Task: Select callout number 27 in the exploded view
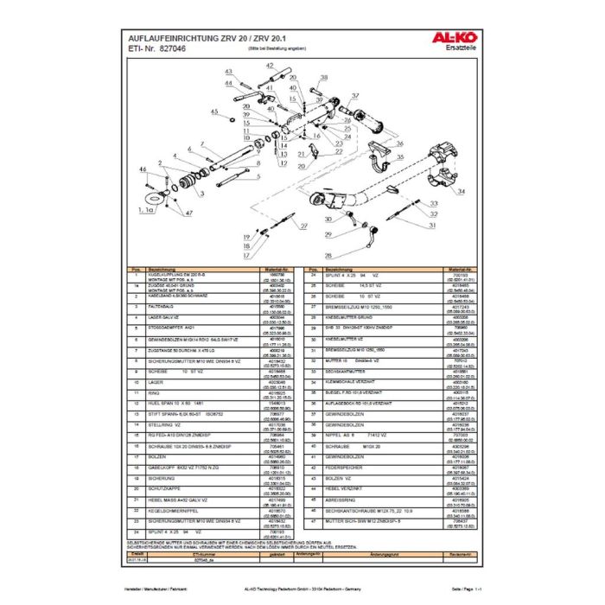tap(303, 226)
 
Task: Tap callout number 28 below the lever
tap(328, 257)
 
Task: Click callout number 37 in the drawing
tap(355, 95)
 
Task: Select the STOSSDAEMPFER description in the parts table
tap(168, 327)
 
